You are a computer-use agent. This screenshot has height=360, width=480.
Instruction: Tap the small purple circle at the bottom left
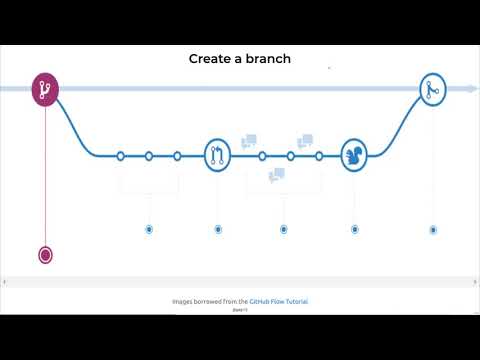coord(45,254)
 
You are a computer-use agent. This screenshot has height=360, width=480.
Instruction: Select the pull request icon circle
coord(218,155)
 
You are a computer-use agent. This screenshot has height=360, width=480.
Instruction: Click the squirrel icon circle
coord(355,155)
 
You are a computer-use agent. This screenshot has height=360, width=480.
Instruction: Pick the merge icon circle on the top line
coord(433,89)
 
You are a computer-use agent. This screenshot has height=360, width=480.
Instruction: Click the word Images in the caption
coord(186,301)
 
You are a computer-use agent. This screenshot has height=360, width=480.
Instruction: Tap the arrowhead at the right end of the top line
coord(472,89)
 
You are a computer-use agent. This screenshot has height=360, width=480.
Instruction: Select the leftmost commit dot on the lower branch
coord(120,156)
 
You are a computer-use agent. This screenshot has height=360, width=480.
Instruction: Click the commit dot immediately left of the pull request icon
coord(177,156)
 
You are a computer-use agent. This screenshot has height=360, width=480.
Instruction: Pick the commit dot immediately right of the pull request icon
coord(262,156)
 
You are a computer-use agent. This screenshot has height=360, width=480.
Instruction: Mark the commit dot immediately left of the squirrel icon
coord(319,156)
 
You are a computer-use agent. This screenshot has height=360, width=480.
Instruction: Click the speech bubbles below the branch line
coord(277,175)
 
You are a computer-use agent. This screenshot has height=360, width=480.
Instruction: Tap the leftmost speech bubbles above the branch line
coord(249,141)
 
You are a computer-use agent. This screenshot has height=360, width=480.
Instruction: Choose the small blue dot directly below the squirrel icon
coord(355,229)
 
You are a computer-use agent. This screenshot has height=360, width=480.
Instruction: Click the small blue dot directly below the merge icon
coord(433,229)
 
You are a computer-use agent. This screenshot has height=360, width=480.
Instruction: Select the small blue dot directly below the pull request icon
coord(218,229)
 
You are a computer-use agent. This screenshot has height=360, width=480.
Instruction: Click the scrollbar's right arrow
coord(475,282)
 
